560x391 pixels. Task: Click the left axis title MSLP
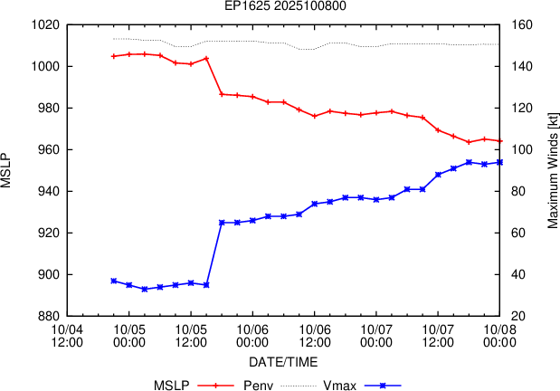tap(8, 170)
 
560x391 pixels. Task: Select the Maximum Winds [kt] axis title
tap(552, 170)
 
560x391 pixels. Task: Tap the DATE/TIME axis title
tap(283, 361)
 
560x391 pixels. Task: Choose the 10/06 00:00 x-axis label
tap(252, 335)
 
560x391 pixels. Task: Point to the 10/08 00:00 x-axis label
tap(499, 335)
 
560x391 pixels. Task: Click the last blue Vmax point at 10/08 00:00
tap(499, 162)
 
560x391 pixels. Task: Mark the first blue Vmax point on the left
tap(113, 281)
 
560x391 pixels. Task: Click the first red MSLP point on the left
tap(113, 56)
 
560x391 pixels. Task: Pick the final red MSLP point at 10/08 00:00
tap(499, 141)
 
